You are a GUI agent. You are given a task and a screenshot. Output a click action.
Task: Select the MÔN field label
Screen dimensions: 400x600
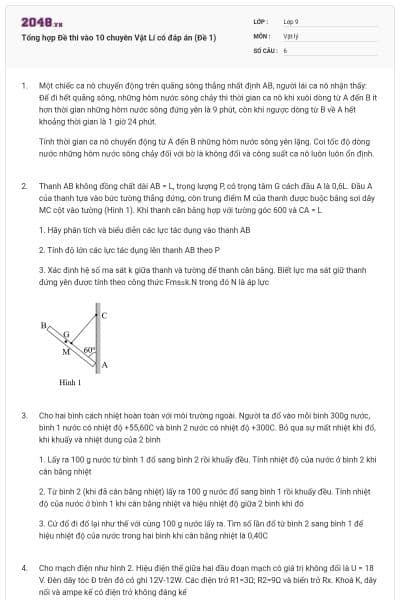point(262,34)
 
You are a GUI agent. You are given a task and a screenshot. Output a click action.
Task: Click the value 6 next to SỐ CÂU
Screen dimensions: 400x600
point(285,49)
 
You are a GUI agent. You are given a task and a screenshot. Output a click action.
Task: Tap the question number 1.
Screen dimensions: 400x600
point(25,86)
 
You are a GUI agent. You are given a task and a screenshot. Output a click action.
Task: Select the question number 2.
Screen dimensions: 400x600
point(25,186)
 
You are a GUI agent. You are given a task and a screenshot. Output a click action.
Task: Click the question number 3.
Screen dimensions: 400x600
point(25,413)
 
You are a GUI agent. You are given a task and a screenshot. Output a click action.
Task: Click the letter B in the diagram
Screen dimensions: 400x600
point(44,325)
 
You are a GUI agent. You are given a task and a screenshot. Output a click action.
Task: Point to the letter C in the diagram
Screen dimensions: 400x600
point(105,315)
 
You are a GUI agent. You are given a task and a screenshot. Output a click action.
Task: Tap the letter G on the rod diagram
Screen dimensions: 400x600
point(66,335)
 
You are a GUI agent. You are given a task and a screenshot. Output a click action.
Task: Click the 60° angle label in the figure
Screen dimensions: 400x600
point(89,350)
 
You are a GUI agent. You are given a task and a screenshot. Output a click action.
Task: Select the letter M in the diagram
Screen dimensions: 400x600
point(66,351)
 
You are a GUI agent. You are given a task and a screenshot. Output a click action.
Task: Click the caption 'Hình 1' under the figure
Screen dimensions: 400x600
point(70,382)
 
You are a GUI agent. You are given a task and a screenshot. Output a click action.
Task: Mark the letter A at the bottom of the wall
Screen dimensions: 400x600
point(105,366)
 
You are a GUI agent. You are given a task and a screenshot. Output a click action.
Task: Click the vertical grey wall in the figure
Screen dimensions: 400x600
point(98,340)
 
